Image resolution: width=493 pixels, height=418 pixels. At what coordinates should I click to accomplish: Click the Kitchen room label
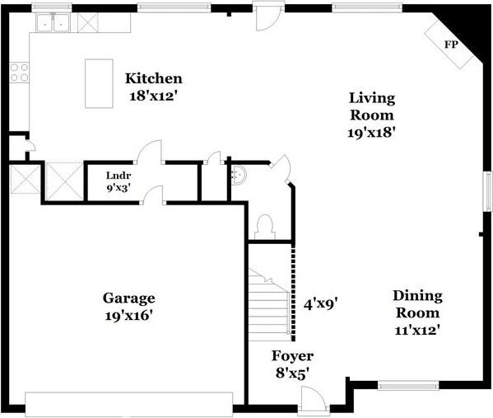(x=153, y=79)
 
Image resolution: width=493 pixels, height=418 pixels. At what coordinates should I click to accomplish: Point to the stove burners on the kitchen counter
(x=19, y=73)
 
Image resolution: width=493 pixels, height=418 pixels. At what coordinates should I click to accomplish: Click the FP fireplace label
(x=451, y=45)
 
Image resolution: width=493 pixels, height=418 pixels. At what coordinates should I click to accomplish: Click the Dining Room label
(x=416, y=304)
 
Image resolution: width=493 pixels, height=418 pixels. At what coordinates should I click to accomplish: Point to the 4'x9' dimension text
(x=321, y=303)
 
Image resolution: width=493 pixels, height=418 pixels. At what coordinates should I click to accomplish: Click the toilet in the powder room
(x=265, y=226)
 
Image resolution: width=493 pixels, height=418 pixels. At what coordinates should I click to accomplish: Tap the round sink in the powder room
(x=240, y=175)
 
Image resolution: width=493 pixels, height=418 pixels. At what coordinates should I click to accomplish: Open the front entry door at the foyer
(x=311, y=401)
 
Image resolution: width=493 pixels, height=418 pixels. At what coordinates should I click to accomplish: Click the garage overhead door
(x=129, y=403)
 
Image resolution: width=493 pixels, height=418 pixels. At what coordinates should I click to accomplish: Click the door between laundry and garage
(x=153, y=195)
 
